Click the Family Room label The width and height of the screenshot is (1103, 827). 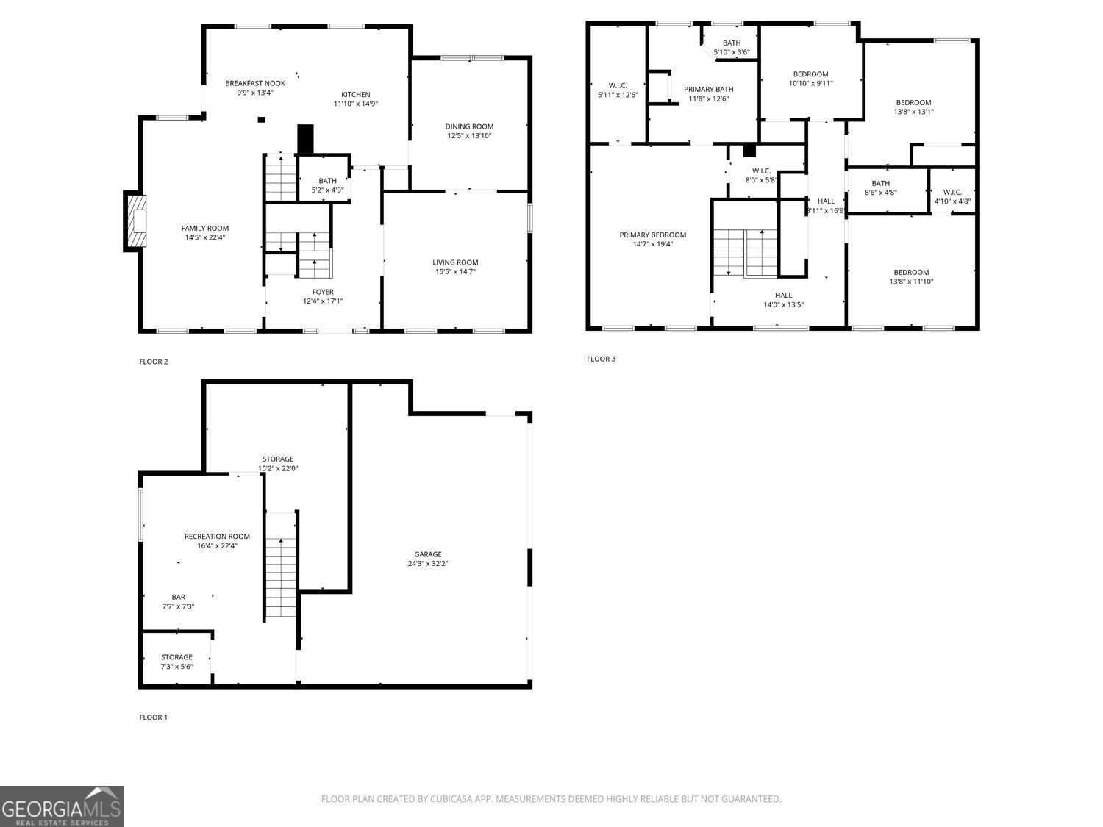pyautogui.click(x=205, y=228)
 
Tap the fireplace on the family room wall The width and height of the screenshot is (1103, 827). pyautogui.click(x=135, y=221)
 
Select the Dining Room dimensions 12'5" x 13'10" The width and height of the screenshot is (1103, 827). pyautogui.click(x=469, y=136)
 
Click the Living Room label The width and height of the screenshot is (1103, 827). pyautogui.click(x=455, y=262)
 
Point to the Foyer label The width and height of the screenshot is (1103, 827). pyautogui.click(x=323, y=292)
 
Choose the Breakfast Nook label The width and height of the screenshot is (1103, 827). pyautogui.click(x=254, y=83)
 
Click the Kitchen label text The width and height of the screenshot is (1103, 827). pyautogui.click(x=356, y=94)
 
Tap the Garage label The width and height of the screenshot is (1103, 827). pyautogui.click(x=428, y=554)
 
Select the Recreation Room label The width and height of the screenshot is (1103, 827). pyautogui.click(x=217, y=537)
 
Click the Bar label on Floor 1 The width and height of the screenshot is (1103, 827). pyautogui.click(x=178, y=597)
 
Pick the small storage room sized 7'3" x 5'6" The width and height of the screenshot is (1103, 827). pyautogui.click(x=176, y=662)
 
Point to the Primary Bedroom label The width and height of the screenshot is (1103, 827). pyautogui.click(x=652, y=235)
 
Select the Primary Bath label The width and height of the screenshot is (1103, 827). pyautogui.click(x=709, y=89)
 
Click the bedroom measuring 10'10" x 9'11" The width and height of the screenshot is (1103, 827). pyautogui.click(x=810, y=79)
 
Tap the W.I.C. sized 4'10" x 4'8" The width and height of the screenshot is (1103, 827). pyautogui.click(x=952, y=196)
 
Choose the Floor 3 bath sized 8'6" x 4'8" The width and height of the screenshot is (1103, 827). pyautogui.click(x=880, y=188)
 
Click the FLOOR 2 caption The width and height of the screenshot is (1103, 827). pyautogui.click(x=154, y=362)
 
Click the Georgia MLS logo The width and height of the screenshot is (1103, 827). pyautogui.click(x=62, y=806)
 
